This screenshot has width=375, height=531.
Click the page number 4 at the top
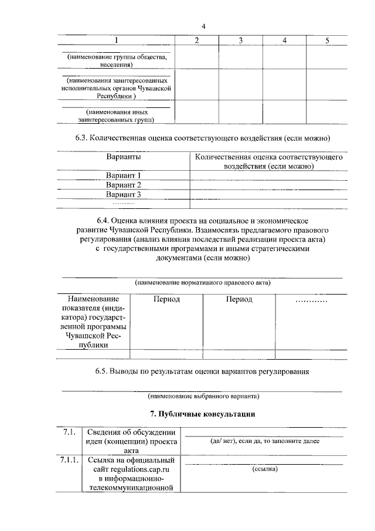pos(203,26)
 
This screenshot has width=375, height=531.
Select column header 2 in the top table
pos(196,40)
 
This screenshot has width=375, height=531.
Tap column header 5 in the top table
pos(327,40)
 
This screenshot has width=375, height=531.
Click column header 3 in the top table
pos(241,40)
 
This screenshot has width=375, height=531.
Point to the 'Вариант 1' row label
pos(124,175)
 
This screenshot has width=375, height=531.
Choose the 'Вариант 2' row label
pos(124,185)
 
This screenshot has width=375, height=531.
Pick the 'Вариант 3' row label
pos(124,194)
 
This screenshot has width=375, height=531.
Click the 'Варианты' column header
pos(124,157)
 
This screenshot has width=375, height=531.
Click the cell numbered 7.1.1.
pos(69,459)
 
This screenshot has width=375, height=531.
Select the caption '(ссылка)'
pos(265,469)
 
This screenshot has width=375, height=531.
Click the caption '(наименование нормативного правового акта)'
pos(203,282)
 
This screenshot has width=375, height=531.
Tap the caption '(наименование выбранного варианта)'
pos(203,395)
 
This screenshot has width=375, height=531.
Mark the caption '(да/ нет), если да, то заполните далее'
pos(265,441)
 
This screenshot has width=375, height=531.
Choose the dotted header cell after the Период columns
pos(311,300)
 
